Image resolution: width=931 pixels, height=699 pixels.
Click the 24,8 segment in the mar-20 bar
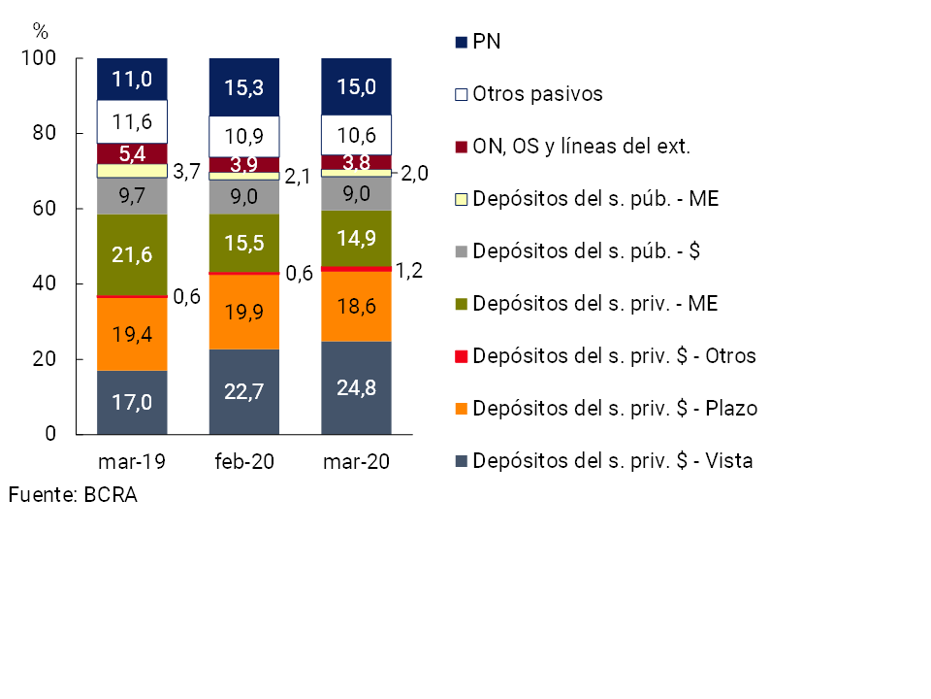coord(356,387)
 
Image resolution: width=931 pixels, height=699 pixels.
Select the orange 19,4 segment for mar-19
coord(132,334)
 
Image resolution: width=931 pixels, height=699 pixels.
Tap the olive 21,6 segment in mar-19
coord(132,255)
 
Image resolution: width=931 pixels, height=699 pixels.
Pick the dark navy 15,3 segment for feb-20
coord(244,87)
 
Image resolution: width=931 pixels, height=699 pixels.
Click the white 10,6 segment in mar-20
coord(356,134)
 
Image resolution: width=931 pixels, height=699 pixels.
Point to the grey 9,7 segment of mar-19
coord(132,196)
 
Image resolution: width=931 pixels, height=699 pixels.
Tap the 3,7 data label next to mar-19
coord(186,173)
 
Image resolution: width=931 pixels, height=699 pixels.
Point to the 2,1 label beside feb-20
coord(298,175)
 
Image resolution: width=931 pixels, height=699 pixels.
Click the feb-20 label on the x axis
coord(244,462)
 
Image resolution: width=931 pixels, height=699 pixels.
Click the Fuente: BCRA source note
coord(73,495)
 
